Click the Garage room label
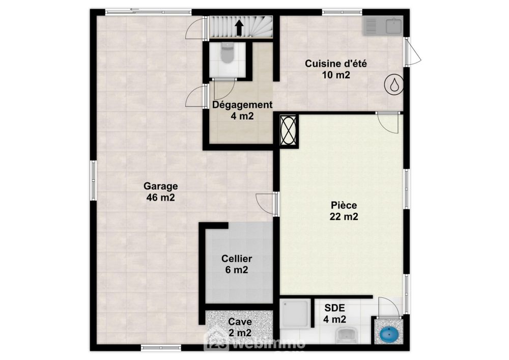[x=161, y=186]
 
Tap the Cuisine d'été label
[x=336, y=64]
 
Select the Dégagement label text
[x=242, y=105]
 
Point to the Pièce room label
[x=344, y=205]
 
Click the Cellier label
[x=237, y=259]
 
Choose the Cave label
[x=240, y=322]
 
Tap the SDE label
[x=335, y=308]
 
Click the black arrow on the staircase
[x=239, y=27]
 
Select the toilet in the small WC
[x=227, y=53]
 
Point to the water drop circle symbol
[x=394, y=85]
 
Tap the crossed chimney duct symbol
[x=288, y=130]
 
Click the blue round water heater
[x=388, y=334]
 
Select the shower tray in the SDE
[x=295, y=313]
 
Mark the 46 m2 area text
[x=161, y=198]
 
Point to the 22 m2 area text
[x=344, y=216]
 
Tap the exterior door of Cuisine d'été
[x=412, y=51]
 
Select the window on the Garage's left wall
[x=94, y=180]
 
